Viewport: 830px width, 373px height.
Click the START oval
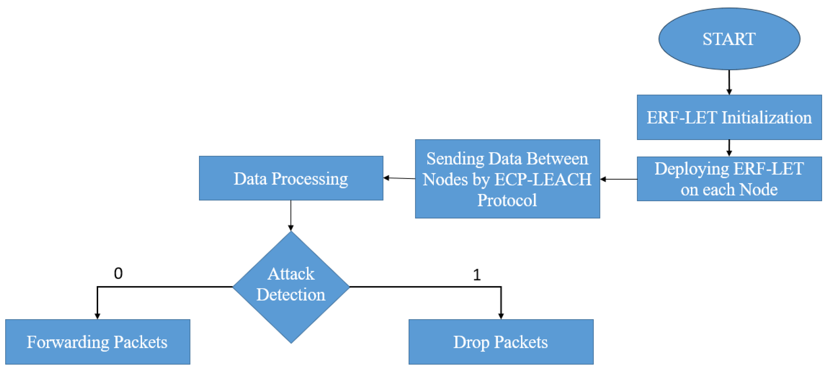[x=729, y=39]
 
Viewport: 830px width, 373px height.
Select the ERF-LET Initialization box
[x=729, y=118]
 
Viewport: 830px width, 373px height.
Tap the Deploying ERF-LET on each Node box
[x=729, y=179]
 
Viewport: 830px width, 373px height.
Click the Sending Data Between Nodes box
[x=507, y=179]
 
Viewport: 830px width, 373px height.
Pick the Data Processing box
[x=291, y=178]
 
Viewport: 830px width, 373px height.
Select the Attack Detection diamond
[x=291, y=286]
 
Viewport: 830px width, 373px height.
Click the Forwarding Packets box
[x=97, y=342]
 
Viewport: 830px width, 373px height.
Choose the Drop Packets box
[x=501, y=342]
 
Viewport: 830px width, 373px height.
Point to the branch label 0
[x=118, y=274]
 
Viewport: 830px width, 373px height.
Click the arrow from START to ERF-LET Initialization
[x=729, y=82]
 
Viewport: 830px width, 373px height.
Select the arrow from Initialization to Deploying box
[x=729, y=148]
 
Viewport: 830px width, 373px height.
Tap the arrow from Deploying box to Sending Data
[x=618, y=179]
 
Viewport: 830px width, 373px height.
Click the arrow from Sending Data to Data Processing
[x=399, y=178]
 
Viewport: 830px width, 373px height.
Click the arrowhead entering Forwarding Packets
[x=97, y=316]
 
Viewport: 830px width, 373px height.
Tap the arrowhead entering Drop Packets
[x=501, y=316]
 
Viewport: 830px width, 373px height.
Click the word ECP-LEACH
[x=543, y=179]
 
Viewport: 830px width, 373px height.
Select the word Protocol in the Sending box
[x=507, y=200]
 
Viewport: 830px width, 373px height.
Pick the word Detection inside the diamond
[x=291, y=295]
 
